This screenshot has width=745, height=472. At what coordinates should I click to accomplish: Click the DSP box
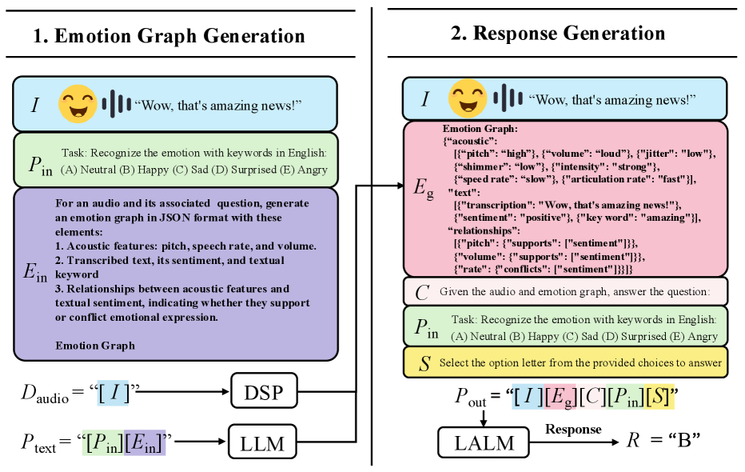pyautogui.click(x=263, y=393)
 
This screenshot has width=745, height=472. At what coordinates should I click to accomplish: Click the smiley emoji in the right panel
pyautogui.click(x=468, y=98)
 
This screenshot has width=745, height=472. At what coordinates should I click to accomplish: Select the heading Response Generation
pyautogui.click(x=568, y=33)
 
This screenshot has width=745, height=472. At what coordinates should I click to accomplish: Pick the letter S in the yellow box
pyautogui.click(x=424, y=362)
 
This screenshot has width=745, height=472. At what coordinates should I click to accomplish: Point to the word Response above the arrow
pyautogui.click(x=573, y=429)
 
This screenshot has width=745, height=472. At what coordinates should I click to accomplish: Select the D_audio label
pyautogui.click(x=42, y=393)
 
